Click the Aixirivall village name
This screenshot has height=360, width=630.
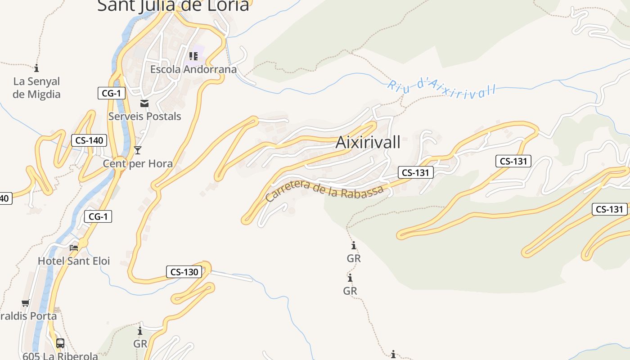click(x=368, y=142)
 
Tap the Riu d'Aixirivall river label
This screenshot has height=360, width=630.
click(x=441, y=88)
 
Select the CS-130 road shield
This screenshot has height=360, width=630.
click(x=184, y=272)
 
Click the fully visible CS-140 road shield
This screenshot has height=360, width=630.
click(x=89, y=140)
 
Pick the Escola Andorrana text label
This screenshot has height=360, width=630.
click(x=193, y=69)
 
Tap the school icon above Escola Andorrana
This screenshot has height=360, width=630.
click(x=193, y=56)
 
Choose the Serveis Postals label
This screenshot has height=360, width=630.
click(x=144, y=116)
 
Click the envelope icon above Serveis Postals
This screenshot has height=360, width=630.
click(x=144, y=103)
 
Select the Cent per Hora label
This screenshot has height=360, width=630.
click(x=138, y=163)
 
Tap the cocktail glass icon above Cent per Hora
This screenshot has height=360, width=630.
click(x=138, y=150)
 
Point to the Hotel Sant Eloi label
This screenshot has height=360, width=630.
click(x=74, y=261)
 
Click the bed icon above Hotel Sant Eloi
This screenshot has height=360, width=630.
click(x=74, y=247)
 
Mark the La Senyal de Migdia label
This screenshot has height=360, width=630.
click(x=36, y=88)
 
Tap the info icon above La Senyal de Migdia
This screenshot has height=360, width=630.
click(x=36, y=68)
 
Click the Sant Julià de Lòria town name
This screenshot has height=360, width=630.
click(x=173, y=5)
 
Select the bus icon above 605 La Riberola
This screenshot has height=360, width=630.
click(x=60, y=343)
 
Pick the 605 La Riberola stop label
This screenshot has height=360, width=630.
click(x=60, y=355)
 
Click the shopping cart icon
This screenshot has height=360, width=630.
click(x=25, y=303)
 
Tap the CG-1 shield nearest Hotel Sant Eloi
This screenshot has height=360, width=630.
click(x=98, y=216)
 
